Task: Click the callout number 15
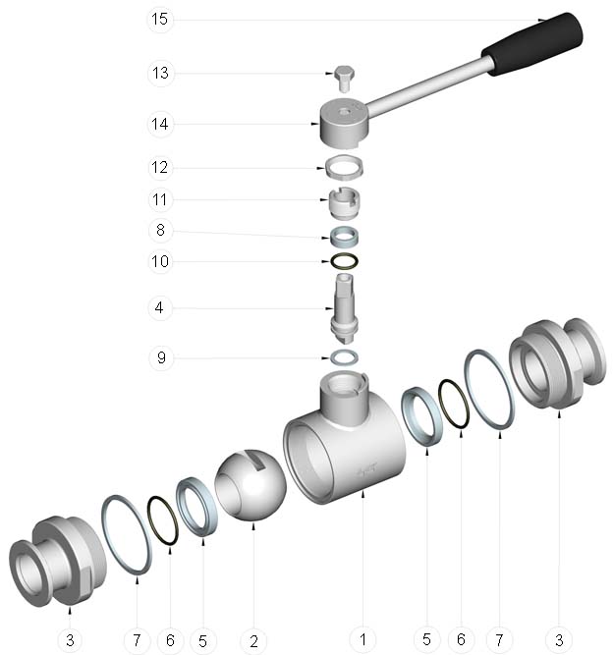tap(159, 20)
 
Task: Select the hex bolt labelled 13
tap(344, 79)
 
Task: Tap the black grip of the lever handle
tap(531, 44)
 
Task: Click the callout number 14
tap(159, 124)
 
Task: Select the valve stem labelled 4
tap(344, 308)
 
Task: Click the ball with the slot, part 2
tap(251, 485)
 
